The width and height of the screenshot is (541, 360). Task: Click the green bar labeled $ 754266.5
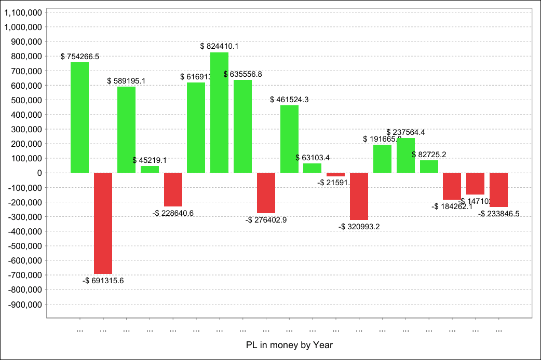79,117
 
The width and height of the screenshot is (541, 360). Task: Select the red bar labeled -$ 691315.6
103,223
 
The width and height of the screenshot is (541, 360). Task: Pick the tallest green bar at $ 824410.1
219,112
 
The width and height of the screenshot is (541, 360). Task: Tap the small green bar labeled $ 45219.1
150,169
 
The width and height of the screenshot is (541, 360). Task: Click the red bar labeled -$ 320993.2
359,196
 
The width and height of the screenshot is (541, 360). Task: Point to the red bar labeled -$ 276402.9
266,193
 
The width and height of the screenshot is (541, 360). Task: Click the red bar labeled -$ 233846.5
498,190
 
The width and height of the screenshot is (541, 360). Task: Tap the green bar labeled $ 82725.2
429,167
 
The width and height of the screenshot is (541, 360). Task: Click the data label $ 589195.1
126,81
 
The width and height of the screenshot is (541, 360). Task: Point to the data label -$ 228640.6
173,213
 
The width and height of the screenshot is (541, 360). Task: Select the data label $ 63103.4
313,158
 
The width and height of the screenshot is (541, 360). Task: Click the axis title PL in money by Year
289,344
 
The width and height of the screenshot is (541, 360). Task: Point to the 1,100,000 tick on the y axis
23,12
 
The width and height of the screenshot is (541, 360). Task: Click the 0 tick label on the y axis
38,173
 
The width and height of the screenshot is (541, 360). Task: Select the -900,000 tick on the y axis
24,304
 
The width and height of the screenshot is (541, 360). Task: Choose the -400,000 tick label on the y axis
24,231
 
